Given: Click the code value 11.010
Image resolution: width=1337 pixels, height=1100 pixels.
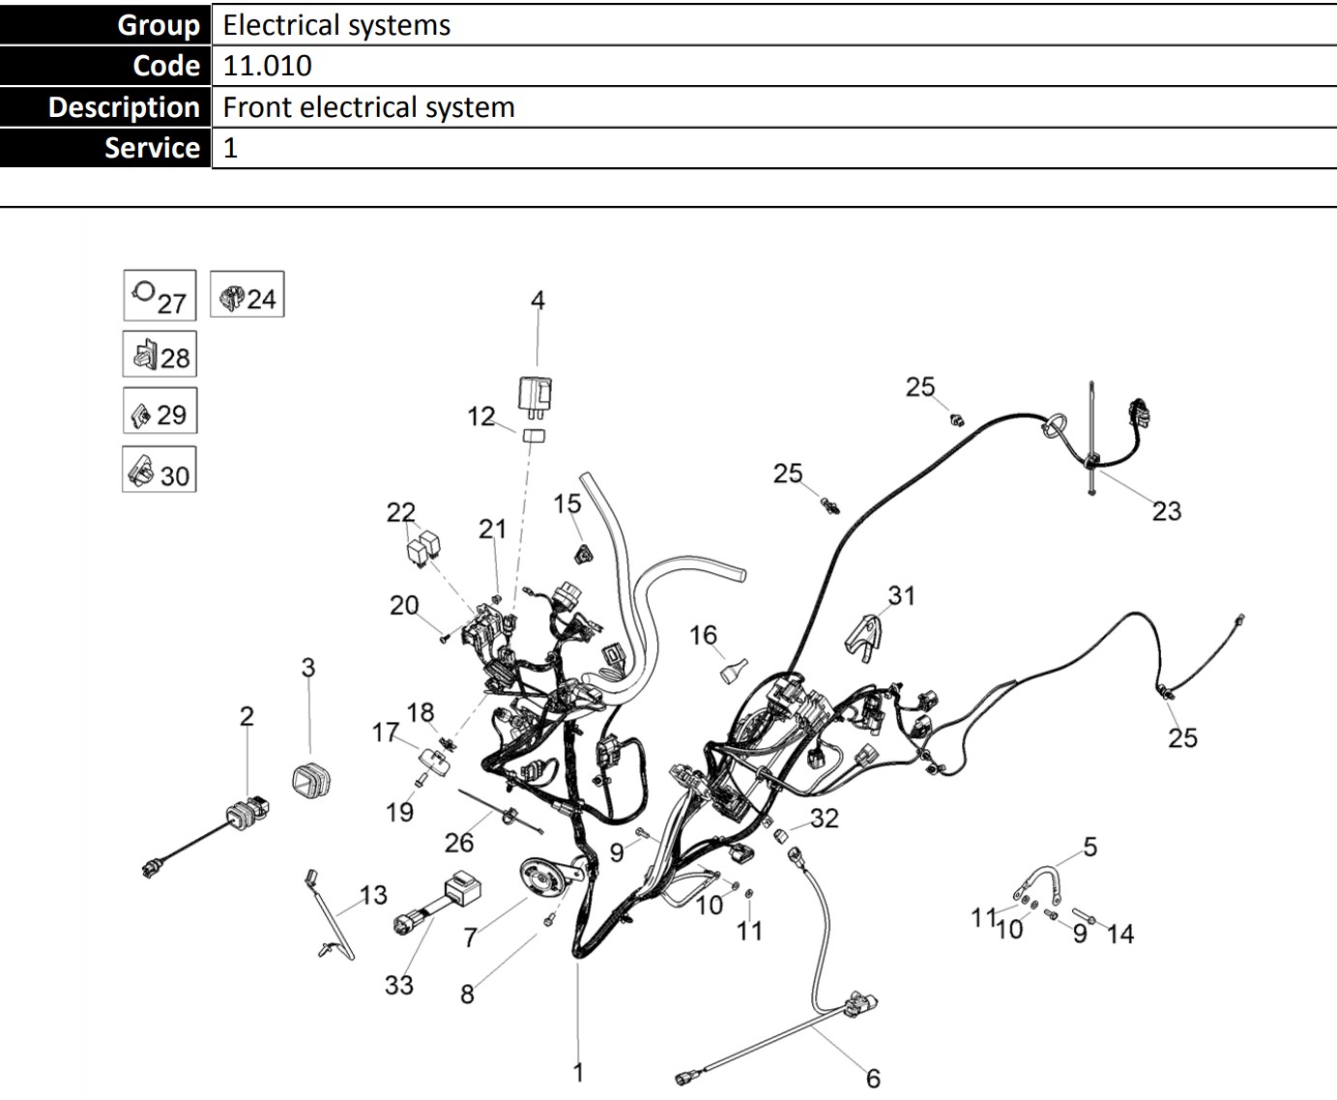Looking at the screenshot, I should [268, 66].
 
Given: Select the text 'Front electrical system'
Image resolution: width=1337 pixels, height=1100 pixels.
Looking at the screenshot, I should [368, 107].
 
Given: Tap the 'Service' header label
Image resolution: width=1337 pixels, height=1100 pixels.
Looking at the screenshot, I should [152, 148].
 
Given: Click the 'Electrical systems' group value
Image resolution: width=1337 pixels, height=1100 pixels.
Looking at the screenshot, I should [336, 25].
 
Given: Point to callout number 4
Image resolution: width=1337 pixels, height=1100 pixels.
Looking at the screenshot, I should [538, 301].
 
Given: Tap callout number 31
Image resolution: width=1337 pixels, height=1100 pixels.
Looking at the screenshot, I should [901, 595].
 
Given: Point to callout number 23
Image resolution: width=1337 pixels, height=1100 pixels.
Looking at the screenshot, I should [1166, 510].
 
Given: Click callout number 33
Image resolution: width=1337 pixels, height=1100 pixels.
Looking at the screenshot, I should [398, 985].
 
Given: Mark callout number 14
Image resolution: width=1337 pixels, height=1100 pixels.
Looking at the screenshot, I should [1119, 934].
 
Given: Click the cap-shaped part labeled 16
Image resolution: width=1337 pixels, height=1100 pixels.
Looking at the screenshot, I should [735, 670].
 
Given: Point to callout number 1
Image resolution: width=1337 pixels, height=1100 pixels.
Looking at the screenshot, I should [578, 1071].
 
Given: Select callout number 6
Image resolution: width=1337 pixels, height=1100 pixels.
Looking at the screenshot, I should [873, 1077].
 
